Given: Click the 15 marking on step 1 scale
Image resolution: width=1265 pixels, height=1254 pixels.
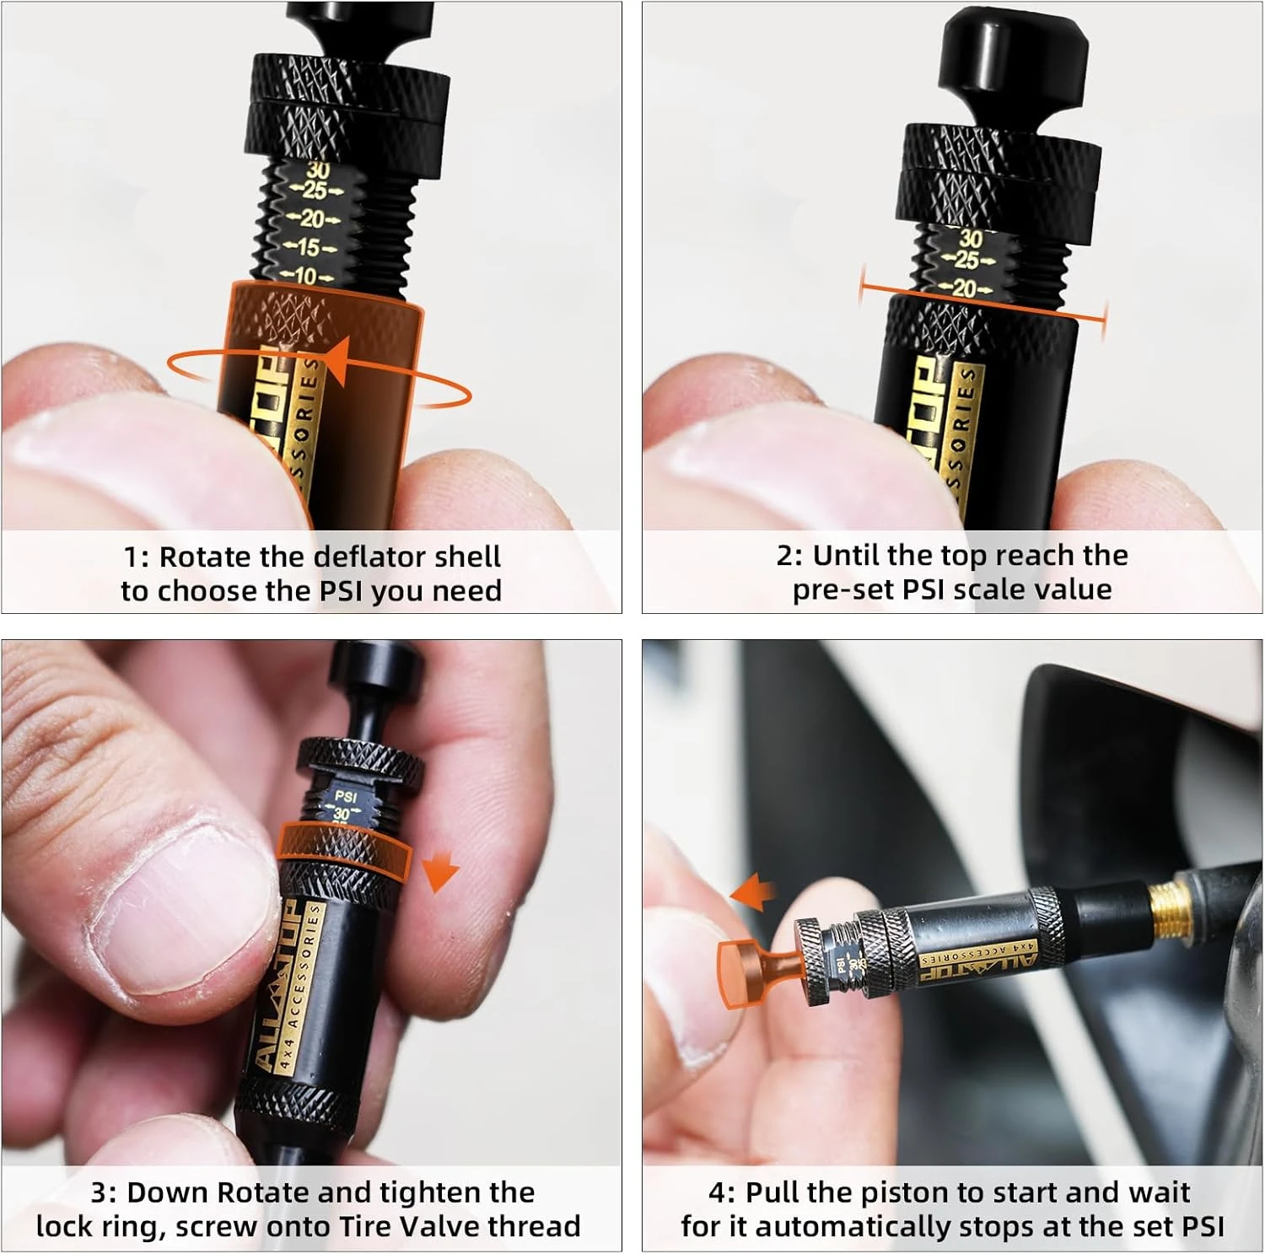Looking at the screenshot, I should coord(309,248).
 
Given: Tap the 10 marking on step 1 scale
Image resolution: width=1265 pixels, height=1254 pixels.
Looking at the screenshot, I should coord(305,276).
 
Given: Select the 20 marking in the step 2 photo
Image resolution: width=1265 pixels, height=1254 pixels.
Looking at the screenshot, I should coord(963,288).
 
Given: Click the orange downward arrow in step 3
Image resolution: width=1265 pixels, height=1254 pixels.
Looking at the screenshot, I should coord(439,872).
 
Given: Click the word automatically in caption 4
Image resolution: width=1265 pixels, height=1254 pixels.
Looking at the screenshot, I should coord(852,1226).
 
